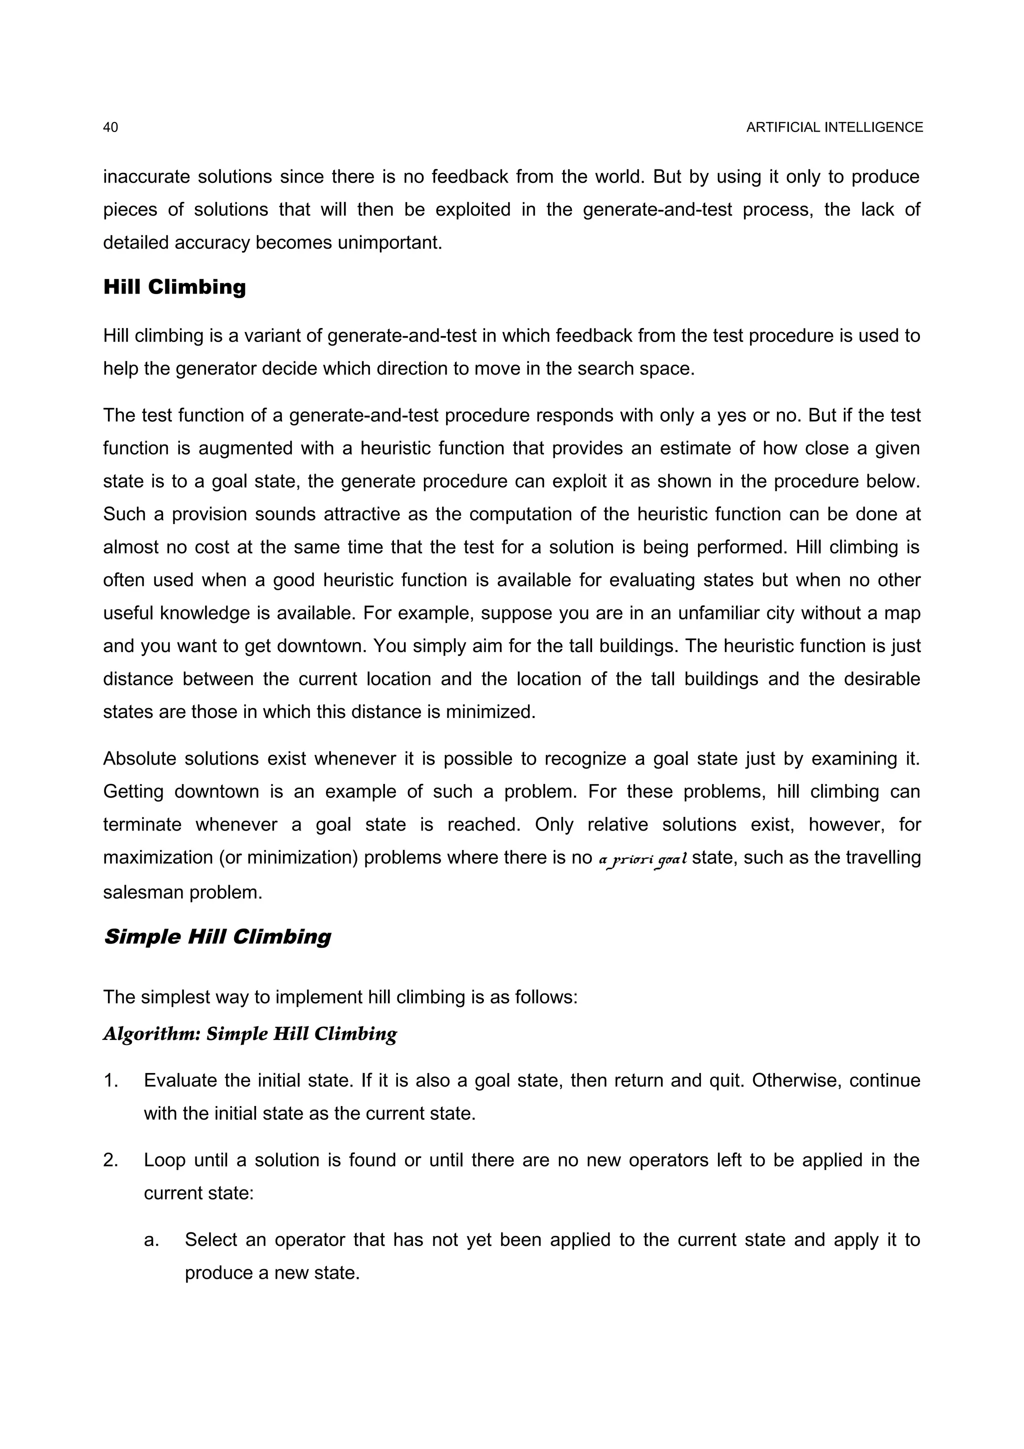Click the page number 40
[110, 127]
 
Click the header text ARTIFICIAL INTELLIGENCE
[834, 127]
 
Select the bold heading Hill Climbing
[174, 287]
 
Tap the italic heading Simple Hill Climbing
[217, 936]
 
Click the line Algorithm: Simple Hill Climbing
[250, 1033]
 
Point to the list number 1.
[110, 1080]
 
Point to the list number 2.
[110, 1160]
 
